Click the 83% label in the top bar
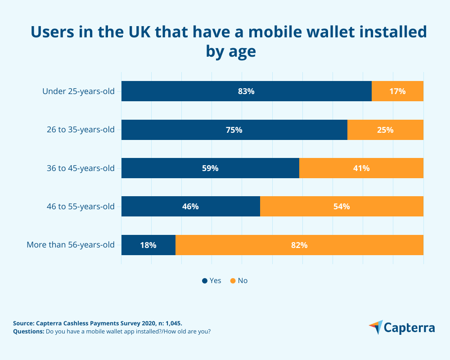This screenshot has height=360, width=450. [246, 91]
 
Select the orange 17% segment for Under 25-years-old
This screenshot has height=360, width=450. [397, 91]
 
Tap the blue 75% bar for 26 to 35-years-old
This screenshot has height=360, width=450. [234, 130]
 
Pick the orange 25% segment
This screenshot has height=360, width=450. [385, 130]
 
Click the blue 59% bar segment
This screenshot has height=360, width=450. [210, 168]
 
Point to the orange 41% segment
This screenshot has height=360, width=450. [361, 168]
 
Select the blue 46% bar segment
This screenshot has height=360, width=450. [190, 207]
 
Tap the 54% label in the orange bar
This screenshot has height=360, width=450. [342, 207]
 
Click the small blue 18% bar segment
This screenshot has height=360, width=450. [148, 245]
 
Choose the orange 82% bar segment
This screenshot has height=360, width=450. [299, 245]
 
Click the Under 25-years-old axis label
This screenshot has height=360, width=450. [78, 91]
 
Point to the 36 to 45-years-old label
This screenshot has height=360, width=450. [81, 168]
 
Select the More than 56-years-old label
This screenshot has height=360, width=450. [71, 245]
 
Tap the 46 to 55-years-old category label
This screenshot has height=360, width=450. [81, 207]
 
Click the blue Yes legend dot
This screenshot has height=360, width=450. [205, 281]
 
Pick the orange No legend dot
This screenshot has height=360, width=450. [233, 281]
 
